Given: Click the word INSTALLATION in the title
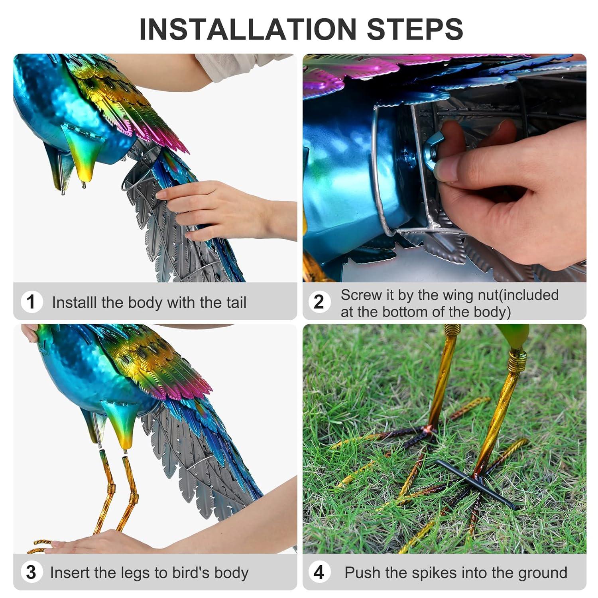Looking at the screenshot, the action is click(x=248, y=29).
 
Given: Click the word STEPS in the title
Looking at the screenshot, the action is click(x=415, y=29).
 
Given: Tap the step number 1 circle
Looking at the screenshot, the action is click(x=31, y=302).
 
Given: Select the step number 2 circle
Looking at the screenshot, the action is click(x=319, y=302).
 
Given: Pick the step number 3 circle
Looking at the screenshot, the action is click(x=31, y=572).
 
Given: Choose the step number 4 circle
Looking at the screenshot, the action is click(x=319, y=572).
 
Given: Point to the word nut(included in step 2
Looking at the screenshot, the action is click(x=521, y=295).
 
